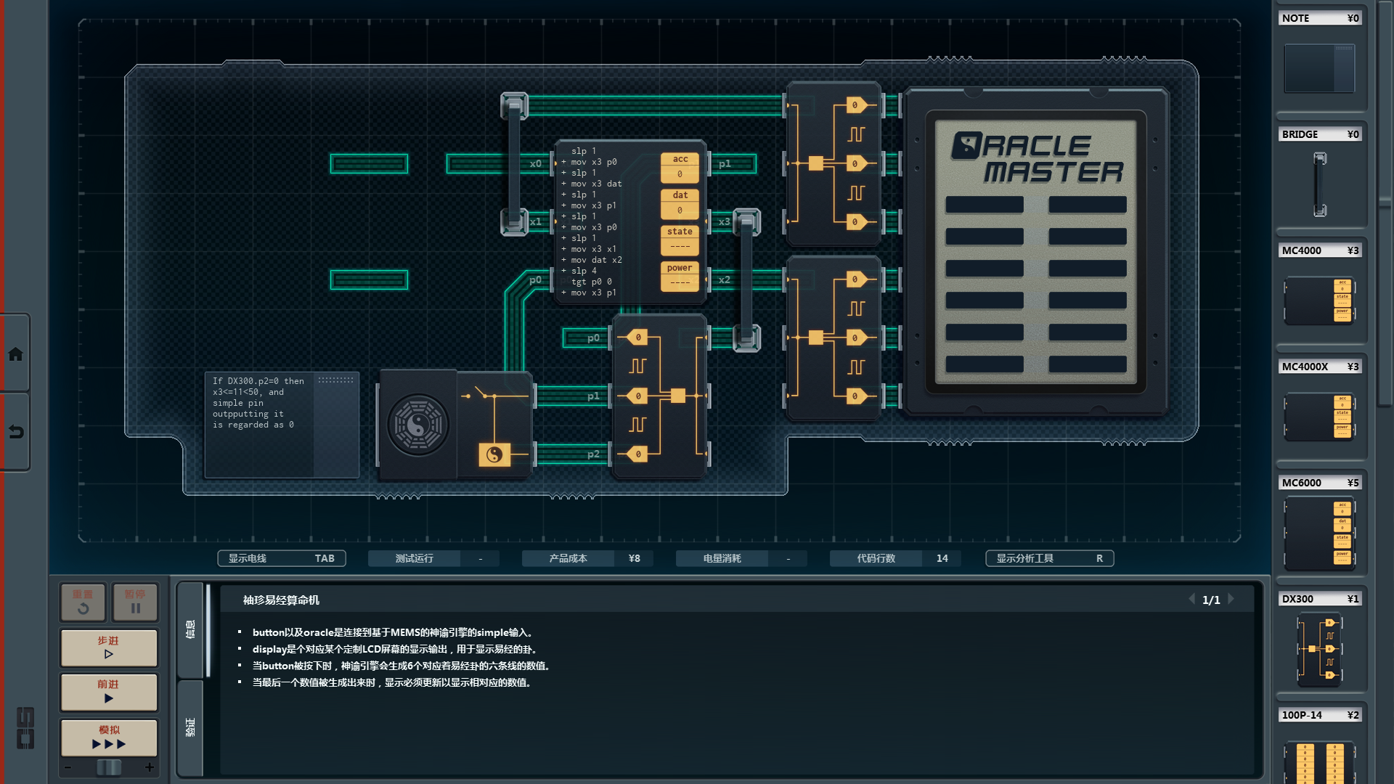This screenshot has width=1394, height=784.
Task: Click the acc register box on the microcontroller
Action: (x=680, y=167)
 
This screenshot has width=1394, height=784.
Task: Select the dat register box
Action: (x=680, y=203)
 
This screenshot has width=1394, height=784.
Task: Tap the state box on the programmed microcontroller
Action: (x=680, y=240)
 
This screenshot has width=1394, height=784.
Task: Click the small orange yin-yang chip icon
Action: (x=494, y=454)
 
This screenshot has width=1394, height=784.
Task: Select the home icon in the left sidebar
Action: (x=15, y=354)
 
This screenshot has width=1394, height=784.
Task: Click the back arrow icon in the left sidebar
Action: (x=15, y=432)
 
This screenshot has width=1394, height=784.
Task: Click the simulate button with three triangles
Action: (x=109, y=738)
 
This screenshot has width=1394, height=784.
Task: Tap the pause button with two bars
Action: (x=135, y=602)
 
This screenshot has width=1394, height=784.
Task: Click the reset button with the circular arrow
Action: (x=83, y=602)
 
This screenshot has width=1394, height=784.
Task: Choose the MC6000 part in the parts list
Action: (x=1319, y=533)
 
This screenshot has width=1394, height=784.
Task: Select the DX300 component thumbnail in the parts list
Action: (x=1319, y=649)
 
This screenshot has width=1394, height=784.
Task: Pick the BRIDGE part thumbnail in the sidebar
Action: (x=1319, y=184)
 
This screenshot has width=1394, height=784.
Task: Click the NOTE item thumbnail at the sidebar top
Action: (x=1319, y=68)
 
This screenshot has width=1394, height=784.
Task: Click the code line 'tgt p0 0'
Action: (x=592, y=282)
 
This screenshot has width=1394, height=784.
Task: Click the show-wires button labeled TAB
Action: (x=281, y=558)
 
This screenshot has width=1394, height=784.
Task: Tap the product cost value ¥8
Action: (x=634, y=558)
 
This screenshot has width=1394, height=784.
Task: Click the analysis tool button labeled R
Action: (x=1049, y=558)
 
